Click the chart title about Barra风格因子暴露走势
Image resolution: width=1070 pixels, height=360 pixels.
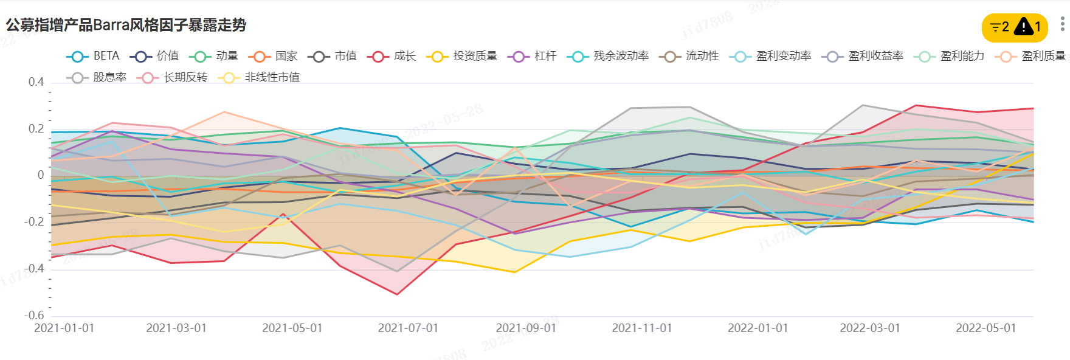click(126, 25)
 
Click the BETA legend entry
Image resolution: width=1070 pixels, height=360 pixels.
click(93, 56)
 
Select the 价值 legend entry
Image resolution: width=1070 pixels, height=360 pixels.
click(154, 56)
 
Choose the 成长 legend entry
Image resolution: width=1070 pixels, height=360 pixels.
click(392, 56)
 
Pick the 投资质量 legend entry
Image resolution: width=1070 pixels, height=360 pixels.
click(463, 56)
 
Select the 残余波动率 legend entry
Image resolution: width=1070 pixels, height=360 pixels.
click(608, 56)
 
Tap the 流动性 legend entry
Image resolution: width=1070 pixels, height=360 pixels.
click(689, 56)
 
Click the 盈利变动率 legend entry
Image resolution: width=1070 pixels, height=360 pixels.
click(770, 56)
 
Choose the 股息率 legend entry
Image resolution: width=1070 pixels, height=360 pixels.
click(97, 77)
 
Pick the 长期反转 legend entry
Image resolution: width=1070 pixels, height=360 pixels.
click(173, 77)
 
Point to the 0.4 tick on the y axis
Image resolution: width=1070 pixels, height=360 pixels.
click(36, 82)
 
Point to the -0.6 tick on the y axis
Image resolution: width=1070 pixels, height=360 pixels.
click(35, 315)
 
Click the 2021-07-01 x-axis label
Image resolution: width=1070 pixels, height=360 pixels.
click(408, 328)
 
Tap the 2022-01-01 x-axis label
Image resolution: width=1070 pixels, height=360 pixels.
click(758, 328)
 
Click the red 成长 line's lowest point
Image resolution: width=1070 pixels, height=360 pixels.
click(397, 294)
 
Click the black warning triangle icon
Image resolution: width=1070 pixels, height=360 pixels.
click(1024, 27)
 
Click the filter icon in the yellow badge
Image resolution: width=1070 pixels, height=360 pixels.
click(995, 27)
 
